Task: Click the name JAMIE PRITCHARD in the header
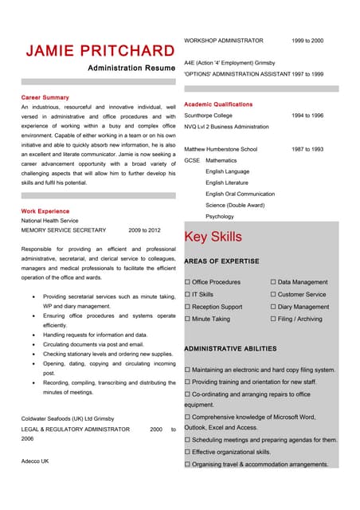(x=100, y=51)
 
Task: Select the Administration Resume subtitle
(x=131, y=69)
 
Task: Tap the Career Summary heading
(x=45, y=97)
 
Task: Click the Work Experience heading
(x=45, y=211)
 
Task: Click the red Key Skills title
(x=213, y=237)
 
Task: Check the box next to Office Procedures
(x=188, y=282)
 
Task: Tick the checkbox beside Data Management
(x=274, y=282)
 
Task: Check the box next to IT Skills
(x=188, y=294)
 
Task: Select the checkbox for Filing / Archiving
(x=274, y=319)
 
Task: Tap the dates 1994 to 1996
(x=307, y=116)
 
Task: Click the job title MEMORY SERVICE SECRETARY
(x=63, y=229)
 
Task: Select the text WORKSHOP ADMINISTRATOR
(x=223, y=40)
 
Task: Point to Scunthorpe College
(x=209, y=116)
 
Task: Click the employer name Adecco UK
(x=35, y=461)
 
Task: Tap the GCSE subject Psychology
(x=220, y=216)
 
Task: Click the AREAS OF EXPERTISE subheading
(x=221, y=261)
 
